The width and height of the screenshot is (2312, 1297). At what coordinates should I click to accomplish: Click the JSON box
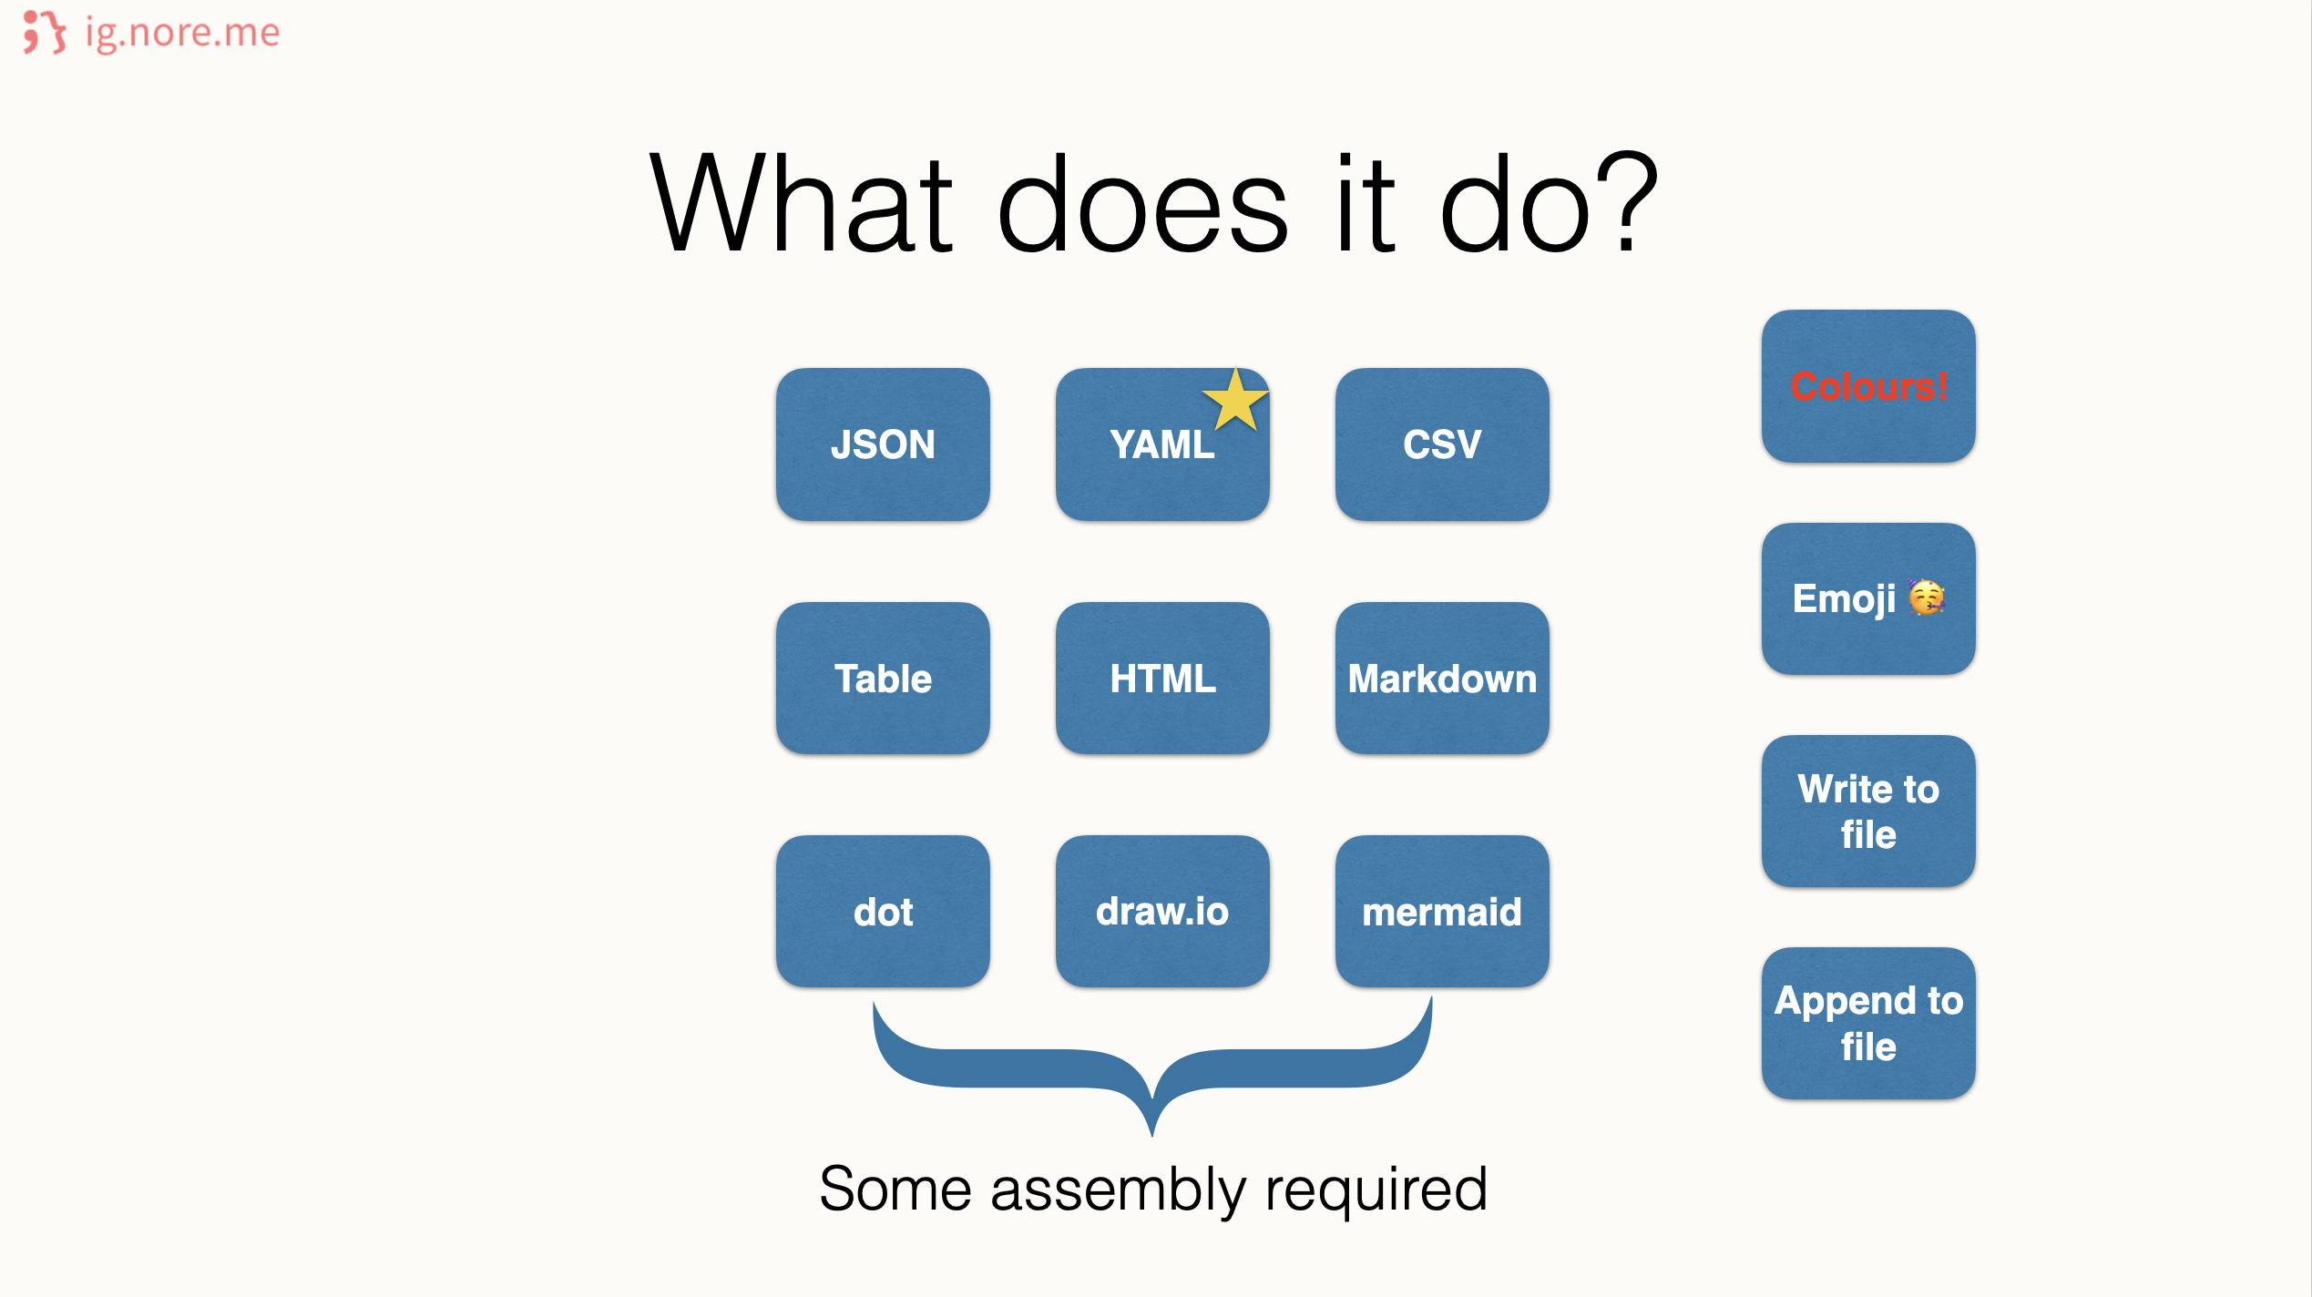pos(883,444)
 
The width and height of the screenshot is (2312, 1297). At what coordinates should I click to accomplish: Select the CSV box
pos(1442,444)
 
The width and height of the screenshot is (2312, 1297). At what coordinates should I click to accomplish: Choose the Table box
pos(883,679)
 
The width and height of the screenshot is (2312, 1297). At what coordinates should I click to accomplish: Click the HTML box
pos(1162,679)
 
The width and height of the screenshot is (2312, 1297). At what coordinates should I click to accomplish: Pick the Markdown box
pos(1442,679)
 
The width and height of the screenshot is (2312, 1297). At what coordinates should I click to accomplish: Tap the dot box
pos(883,912)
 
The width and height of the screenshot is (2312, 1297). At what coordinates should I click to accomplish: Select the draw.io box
pos(1162,912)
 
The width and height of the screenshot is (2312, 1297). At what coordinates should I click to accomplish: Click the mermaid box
pos(1442,912)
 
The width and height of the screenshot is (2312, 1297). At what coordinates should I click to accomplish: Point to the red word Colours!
pos(1868,387)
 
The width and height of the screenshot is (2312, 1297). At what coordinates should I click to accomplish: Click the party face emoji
pos(1927,597)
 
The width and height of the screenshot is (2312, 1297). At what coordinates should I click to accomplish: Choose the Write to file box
pos(1868,812)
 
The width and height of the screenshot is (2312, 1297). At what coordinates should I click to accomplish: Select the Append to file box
pos(1868,1024)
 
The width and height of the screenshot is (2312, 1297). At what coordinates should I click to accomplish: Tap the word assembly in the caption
pos(1118,1190)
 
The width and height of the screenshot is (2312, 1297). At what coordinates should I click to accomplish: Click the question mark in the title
pos(1626,202)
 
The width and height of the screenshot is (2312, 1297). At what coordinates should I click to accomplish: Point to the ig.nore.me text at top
pos(182,34)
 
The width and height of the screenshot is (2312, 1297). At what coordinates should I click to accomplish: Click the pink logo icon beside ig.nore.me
pos(45,32)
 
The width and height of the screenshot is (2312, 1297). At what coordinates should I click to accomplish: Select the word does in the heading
pos(1143,202)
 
